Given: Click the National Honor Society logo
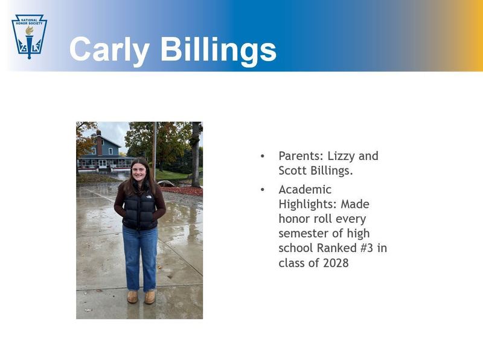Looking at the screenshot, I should click(29, 36).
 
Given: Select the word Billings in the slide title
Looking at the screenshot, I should click(219, 50).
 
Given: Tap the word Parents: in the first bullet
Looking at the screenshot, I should click(299, 156).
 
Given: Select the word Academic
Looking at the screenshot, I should click(305, 190).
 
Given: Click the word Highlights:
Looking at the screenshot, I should click(308, 205).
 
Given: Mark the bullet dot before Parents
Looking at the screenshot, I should click(263, 156).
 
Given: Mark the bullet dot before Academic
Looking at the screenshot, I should click(263, 190).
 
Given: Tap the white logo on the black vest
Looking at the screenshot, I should click(149, 197).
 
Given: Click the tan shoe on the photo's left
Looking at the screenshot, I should click(132, 297).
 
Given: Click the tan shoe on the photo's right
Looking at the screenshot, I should click(150, 297).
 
